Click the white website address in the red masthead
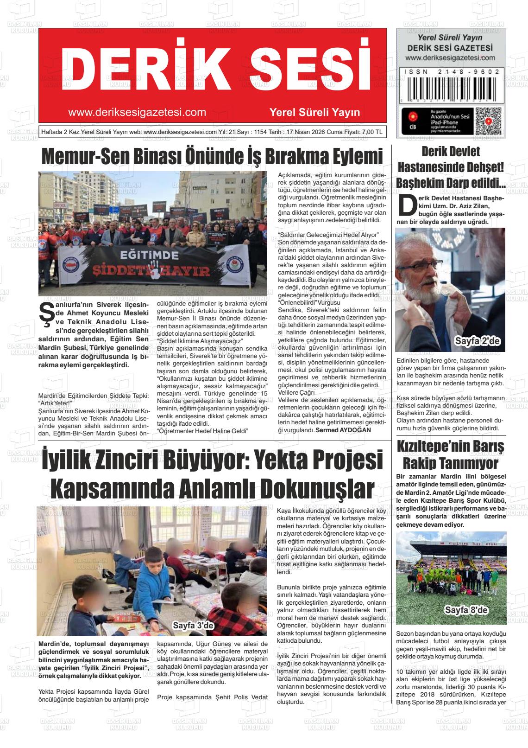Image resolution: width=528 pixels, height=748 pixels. (137, 112)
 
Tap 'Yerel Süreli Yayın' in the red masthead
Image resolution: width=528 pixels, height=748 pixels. (314, 112)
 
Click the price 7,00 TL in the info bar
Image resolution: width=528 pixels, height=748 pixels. (372, 132)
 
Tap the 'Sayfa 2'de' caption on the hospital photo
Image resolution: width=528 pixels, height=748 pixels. (478, 342)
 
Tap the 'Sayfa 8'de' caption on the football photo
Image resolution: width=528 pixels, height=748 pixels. (465, 610)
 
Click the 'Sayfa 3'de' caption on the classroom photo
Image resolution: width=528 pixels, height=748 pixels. (193, 626)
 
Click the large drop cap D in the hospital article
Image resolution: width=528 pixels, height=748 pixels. (407, 205)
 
